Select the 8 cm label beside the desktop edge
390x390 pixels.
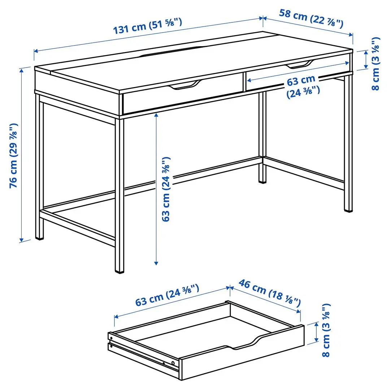376,63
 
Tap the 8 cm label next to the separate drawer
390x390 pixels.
326,330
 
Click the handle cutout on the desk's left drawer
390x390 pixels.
186,86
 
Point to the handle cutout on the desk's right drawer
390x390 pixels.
300,65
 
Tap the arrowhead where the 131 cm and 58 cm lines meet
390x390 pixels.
263,18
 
